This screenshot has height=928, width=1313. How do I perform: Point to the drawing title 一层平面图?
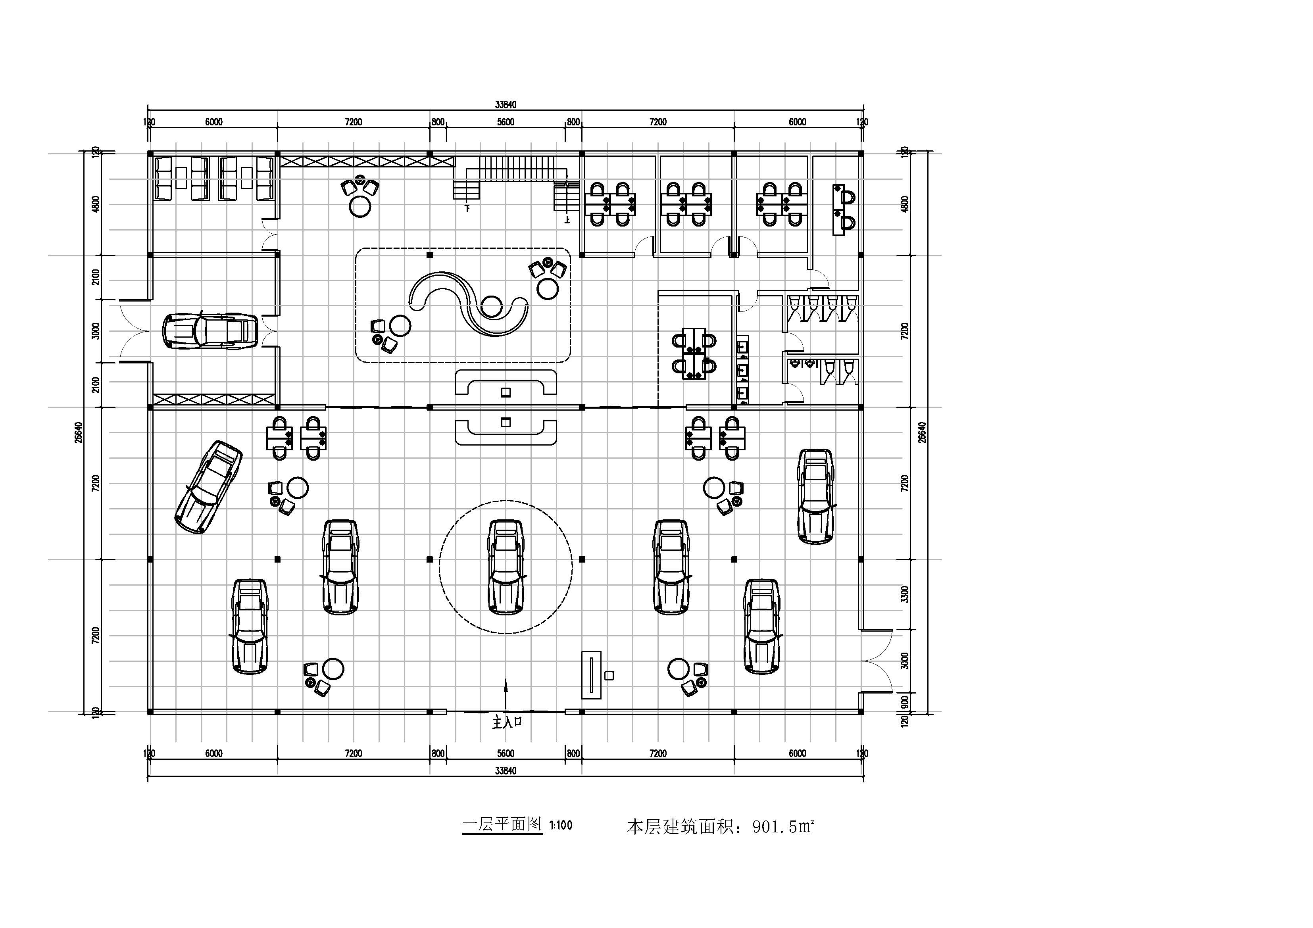tap(502, 824)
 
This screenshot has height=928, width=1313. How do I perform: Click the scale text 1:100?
tap(560, 826)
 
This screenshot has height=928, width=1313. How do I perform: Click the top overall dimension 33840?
tap(506, 105)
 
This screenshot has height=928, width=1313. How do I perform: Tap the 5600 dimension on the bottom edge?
tap(506, 753)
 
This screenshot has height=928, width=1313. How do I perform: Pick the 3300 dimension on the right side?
tap(904, 594)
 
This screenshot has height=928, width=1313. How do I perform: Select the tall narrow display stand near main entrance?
tap(591, 675)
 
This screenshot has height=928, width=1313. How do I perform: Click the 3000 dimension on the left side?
tap(96, 330)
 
